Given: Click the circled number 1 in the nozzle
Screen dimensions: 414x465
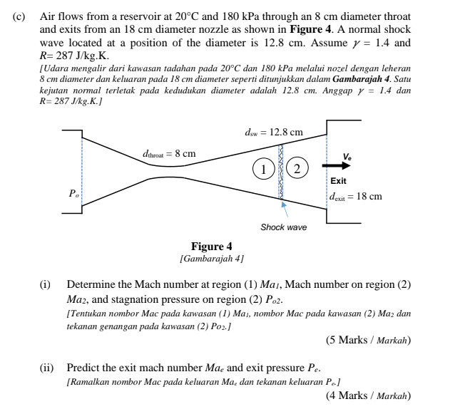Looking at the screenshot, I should [263, 169].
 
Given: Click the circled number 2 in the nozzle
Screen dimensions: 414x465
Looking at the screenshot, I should [299, 169].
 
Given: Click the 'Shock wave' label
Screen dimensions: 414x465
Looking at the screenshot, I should [283, 227].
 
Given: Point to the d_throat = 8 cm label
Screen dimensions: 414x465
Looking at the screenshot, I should [168, 153].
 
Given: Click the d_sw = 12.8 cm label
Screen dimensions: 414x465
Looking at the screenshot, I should [273, 132].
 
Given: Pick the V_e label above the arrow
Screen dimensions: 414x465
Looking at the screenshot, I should [347, 156].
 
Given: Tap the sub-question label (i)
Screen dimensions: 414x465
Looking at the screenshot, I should [45, 285].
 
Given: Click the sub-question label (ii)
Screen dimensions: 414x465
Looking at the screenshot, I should [46, 368].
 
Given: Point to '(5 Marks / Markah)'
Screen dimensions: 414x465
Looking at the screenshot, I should [368, 340].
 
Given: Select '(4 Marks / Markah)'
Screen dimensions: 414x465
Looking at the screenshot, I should [368, 395].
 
